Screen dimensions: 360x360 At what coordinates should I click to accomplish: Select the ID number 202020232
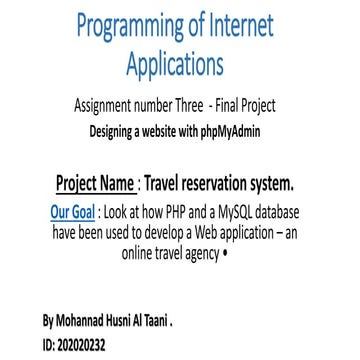click(x=84, y=345)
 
